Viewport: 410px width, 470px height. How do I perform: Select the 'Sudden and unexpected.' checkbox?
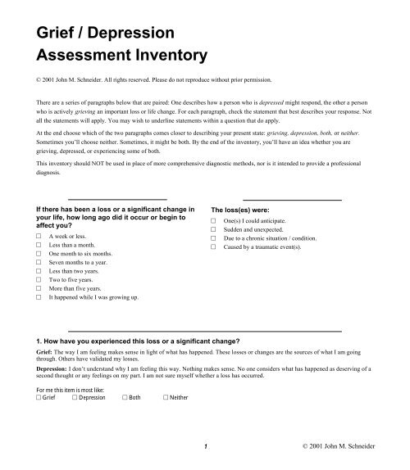click(x=214, y=233)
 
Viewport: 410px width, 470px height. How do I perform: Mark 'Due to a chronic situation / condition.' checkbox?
click(x=214, y=242)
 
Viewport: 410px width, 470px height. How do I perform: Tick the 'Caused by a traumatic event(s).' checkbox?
click(x=214, y=252)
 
